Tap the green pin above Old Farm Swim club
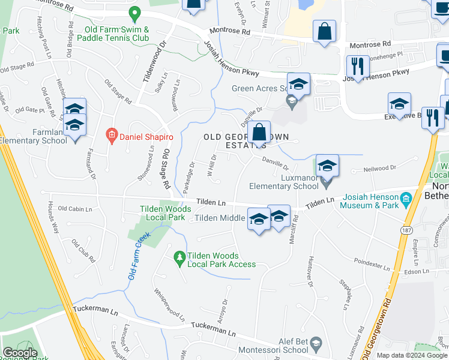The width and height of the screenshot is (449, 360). (135, 13)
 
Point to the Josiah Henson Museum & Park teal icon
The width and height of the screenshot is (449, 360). (406, 197)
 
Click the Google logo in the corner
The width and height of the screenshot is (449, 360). (20, 353)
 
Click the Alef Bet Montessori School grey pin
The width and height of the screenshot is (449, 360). (317, 343)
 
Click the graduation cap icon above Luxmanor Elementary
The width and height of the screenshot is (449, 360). (327, 165)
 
